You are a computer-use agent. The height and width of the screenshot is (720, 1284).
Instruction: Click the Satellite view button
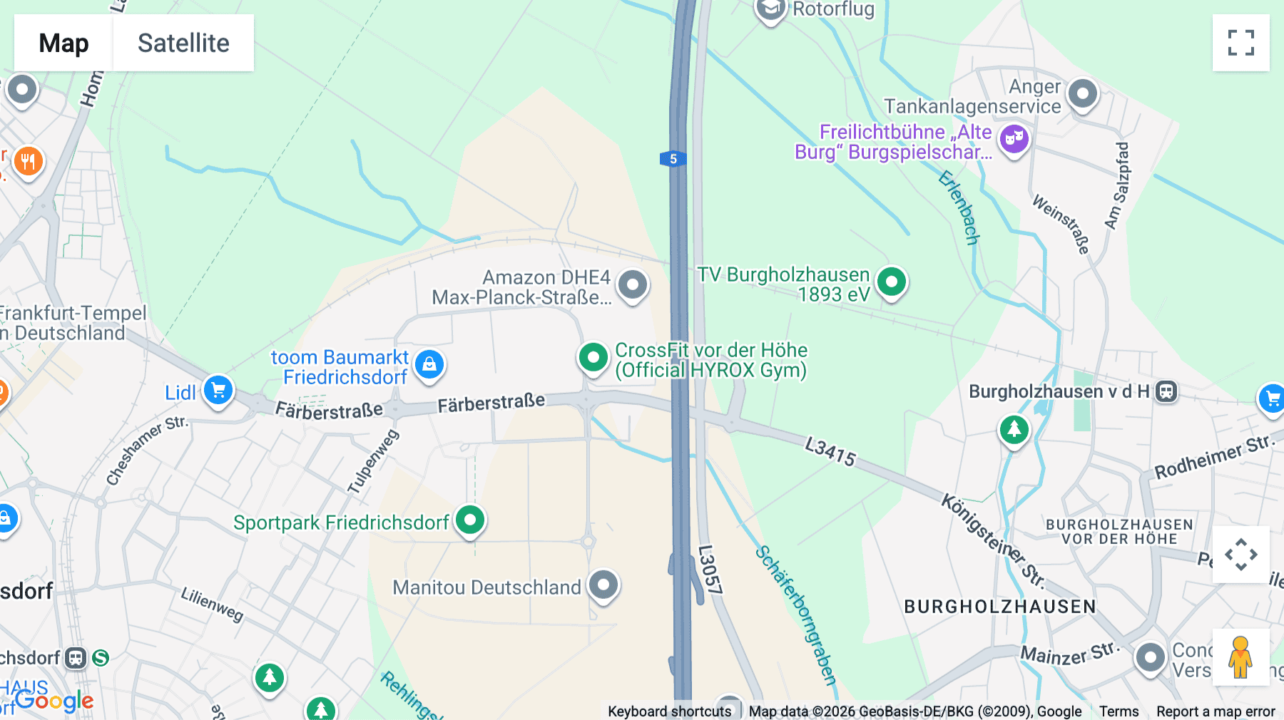[x=183, y=43]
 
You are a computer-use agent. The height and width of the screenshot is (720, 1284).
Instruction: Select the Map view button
[x=63, y=43]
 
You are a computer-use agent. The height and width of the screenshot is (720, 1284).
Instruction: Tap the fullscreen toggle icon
[x=1240, y=43]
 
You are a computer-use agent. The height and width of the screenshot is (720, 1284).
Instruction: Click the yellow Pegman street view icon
[x=1240, y=657]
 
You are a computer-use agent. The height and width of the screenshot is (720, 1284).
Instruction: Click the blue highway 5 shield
[x=673, y=159]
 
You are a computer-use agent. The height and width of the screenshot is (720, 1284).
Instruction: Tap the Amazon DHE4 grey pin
[x=632, y=285]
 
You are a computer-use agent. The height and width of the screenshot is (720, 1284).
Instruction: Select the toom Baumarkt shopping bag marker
[x=429, y=364]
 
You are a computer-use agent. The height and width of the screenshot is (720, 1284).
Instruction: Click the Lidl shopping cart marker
[x=218, y=390]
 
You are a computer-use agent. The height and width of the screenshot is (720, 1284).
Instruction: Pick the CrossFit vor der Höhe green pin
[x=593, y=357]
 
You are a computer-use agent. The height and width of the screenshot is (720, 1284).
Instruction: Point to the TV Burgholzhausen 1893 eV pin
[x=891, y=282]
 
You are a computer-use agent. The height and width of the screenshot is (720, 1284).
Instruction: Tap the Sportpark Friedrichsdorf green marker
[x=470, y=520]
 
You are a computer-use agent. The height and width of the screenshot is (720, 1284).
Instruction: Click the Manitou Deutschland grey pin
[x=603, y=585]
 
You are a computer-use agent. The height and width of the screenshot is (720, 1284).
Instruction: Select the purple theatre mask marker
[x=1014, y=138]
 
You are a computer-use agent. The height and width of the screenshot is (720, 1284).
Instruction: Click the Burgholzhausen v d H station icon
[x=1166, y=391]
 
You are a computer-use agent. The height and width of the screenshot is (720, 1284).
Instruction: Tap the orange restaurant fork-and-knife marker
[x=28, y=162]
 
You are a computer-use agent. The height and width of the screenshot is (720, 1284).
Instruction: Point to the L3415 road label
[x=830, y=452]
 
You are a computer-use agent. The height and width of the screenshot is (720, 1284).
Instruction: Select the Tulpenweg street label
[x=373, y=461]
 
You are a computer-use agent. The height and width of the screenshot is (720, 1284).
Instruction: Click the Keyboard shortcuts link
[x=669, y=711]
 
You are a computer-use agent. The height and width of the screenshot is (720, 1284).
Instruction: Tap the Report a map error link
[x=1216, y=711]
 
